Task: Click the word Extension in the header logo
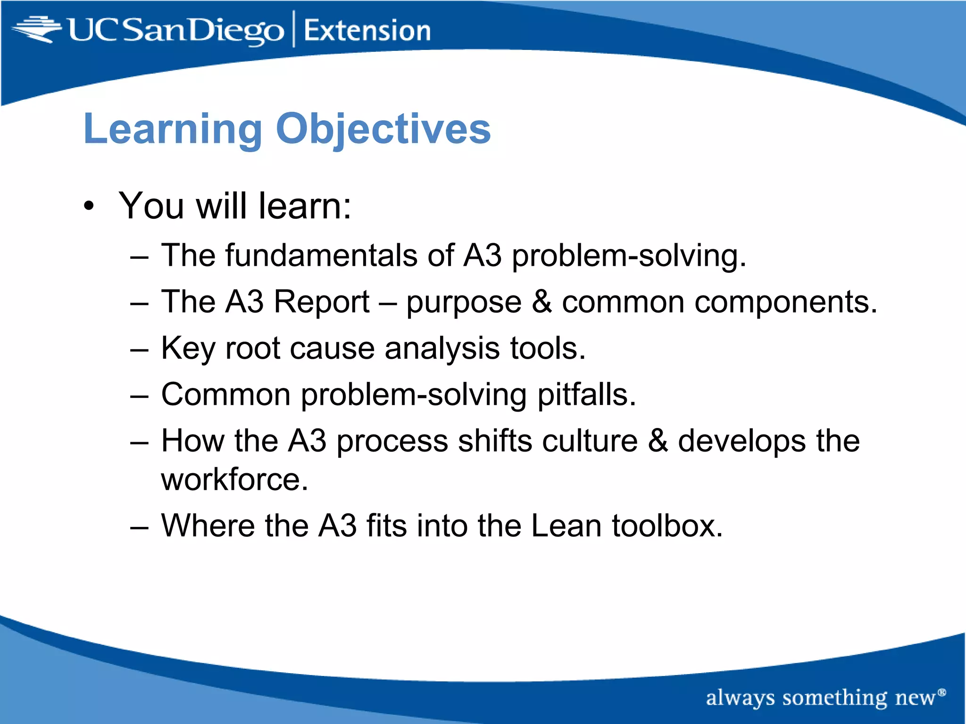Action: pyautogui.click(x=367, y=31)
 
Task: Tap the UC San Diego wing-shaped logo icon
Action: pyautogui.click(x=37, y=29)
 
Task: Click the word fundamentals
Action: pyautogui.click(x=321, y=255)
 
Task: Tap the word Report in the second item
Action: pyautogui.click(x=322, y=302)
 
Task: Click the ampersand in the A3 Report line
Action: pyautogui.click(x=541, y=302)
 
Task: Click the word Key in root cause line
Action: pyautogui.click(x=188, y=348)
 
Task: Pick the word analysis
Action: pyautogui.click(x=441, y=348)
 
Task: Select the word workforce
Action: pyautogui.click(x=234, y=479)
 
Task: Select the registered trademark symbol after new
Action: pyautogui.click(x=942, y=692)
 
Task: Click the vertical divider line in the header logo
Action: pyautogui.click(x=294, y=29)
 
